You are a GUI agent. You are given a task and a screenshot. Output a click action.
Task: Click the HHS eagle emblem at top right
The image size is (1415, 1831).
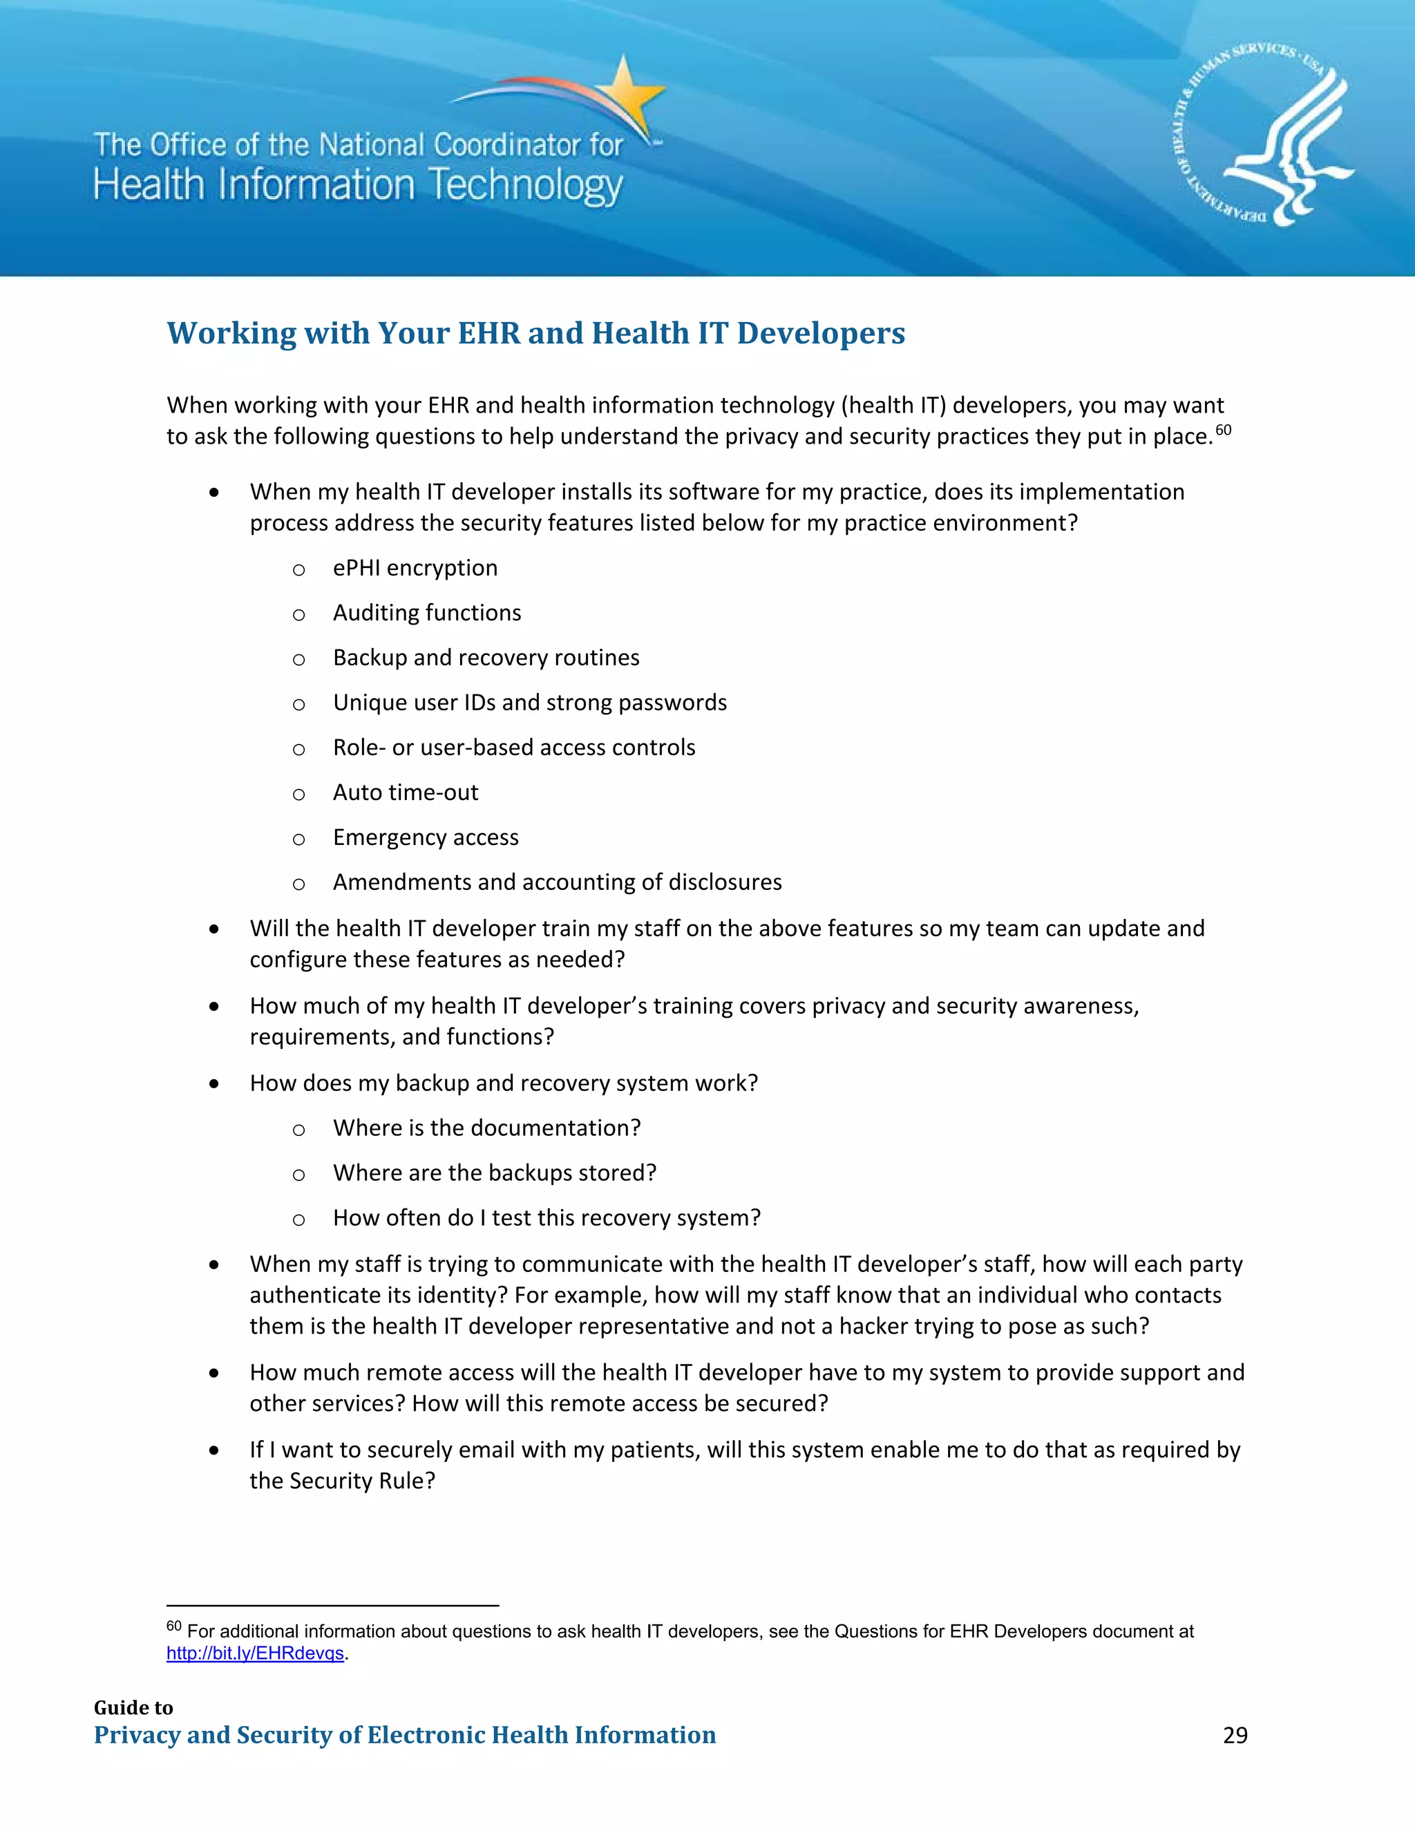coord(1264,137)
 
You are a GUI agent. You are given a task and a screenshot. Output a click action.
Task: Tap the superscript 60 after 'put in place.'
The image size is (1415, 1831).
coord(1223,430)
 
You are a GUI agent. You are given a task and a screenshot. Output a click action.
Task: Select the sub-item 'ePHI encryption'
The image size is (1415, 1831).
coord(415,569)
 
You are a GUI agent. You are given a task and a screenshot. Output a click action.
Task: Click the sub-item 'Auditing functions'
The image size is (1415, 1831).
coord(427,613)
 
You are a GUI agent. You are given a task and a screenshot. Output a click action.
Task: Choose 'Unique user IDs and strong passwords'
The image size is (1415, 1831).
coord(530,703)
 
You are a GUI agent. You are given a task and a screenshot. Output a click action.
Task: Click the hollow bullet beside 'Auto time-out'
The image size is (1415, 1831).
coord(298,795)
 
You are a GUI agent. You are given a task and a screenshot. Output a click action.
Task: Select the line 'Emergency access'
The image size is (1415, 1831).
coord(426,837)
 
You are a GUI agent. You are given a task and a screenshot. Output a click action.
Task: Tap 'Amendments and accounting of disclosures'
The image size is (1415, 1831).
coord(557,883)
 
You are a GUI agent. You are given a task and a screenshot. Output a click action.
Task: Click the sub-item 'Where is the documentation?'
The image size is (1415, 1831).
coord(486,1128)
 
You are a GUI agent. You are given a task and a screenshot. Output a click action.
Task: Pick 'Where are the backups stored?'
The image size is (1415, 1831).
coord(495,1173)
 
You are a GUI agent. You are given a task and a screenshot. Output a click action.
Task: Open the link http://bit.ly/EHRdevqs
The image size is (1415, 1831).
coord(255,1653)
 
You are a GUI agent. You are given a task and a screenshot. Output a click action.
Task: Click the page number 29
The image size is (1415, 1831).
coord(1234,1736)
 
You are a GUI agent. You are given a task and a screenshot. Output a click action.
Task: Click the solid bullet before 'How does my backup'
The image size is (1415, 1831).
coord(215,1084)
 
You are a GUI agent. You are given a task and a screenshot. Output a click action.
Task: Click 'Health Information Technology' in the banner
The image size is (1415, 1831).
coord(358,185)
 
